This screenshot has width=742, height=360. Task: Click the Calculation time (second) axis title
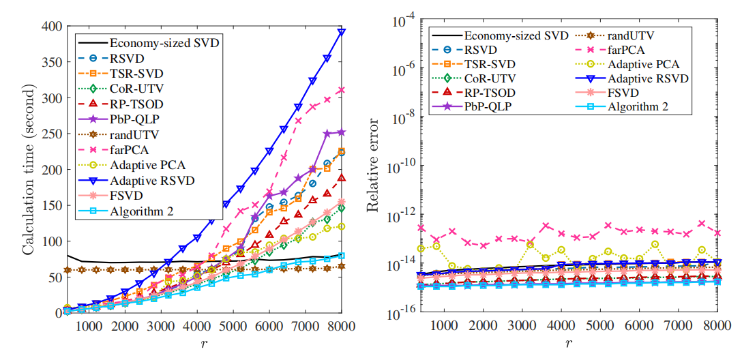click(29, 169)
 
